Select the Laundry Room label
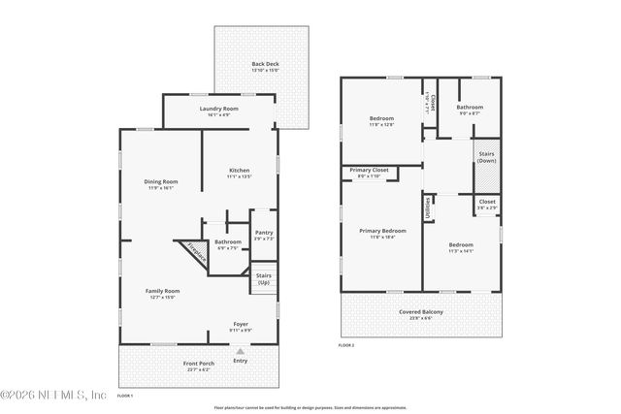(x=218, y=111)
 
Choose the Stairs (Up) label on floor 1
(x=263, y=278)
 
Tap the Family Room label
(x=162, y=293)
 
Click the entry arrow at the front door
(x=240, y=350)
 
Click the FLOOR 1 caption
(x=124, y=396)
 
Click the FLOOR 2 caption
(x=345, y=345)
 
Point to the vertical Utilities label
(x=427, y=207)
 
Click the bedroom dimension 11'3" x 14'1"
(x=460, y=249)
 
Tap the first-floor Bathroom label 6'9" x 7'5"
(x=228, y=244)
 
